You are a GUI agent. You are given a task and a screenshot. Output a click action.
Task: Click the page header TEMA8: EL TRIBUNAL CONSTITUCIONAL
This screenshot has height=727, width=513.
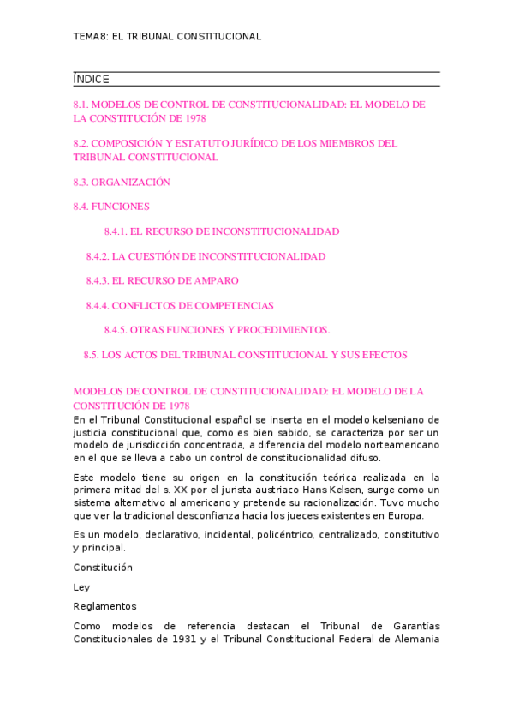(x=167, y=37)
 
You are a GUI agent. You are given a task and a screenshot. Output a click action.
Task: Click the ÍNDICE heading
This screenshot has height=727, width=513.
(x=92, y=80)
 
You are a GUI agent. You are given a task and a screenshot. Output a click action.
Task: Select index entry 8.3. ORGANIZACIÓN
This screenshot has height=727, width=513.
(x=122, y=183)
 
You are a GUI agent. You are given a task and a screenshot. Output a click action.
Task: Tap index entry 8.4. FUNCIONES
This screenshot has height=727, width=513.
(x=111, y=207)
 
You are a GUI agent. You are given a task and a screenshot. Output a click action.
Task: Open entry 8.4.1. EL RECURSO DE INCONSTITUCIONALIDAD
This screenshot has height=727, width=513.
(x=221, y=231)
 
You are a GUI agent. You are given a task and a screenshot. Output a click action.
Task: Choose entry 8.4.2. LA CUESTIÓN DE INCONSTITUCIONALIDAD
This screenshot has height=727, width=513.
(x=206, y=256)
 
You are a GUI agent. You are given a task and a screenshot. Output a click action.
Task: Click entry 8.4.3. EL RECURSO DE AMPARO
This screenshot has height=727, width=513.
(x=162, y=281)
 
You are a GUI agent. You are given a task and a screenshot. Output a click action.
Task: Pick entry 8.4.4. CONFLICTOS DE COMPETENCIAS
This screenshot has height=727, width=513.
(x=180, y=306)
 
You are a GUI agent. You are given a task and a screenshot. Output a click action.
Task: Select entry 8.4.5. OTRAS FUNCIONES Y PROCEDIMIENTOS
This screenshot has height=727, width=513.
(x=217, y=330)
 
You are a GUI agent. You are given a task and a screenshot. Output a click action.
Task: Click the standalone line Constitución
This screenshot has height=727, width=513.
(x=103, y=568)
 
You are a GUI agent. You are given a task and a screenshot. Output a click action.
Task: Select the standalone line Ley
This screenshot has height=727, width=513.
(x=81, y=587)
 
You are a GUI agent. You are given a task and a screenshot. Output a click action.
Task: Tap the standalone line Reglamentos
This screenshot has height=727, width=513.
(x=104, y=606)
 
